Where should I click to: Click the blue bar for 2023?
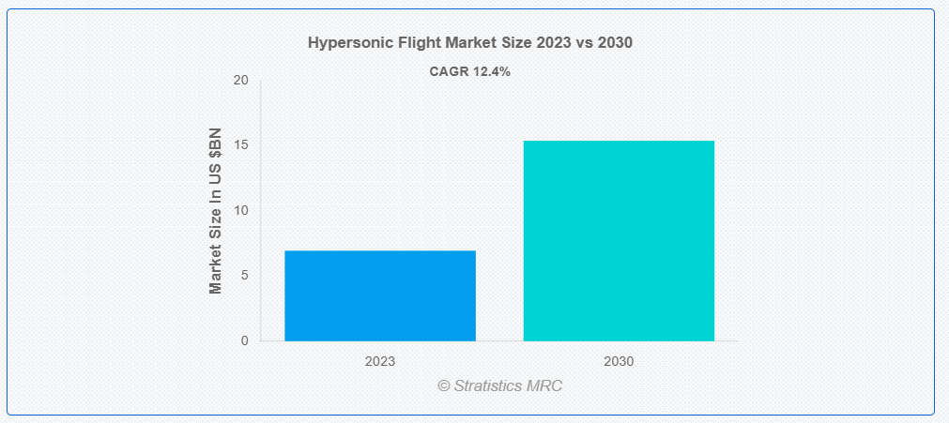380,296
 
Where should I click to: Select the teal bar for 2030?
619,241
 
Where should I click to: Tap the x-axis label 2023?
380,362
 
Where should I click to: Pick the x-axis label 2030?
619,362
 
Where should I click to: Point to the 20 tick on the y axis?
241,81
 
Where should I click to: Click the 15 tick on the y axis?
241,145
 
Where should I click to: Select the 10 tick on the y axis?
241,211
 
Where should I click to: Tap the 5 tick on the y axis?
244,276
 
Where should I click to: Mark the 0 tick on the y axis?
244,341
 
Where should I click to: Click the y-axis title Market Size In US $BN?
216,211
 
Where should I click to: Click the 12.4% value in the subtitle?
489,71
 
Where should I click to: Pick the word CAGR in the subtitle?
447,71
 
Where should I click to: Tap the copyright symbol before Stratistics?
444,386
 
